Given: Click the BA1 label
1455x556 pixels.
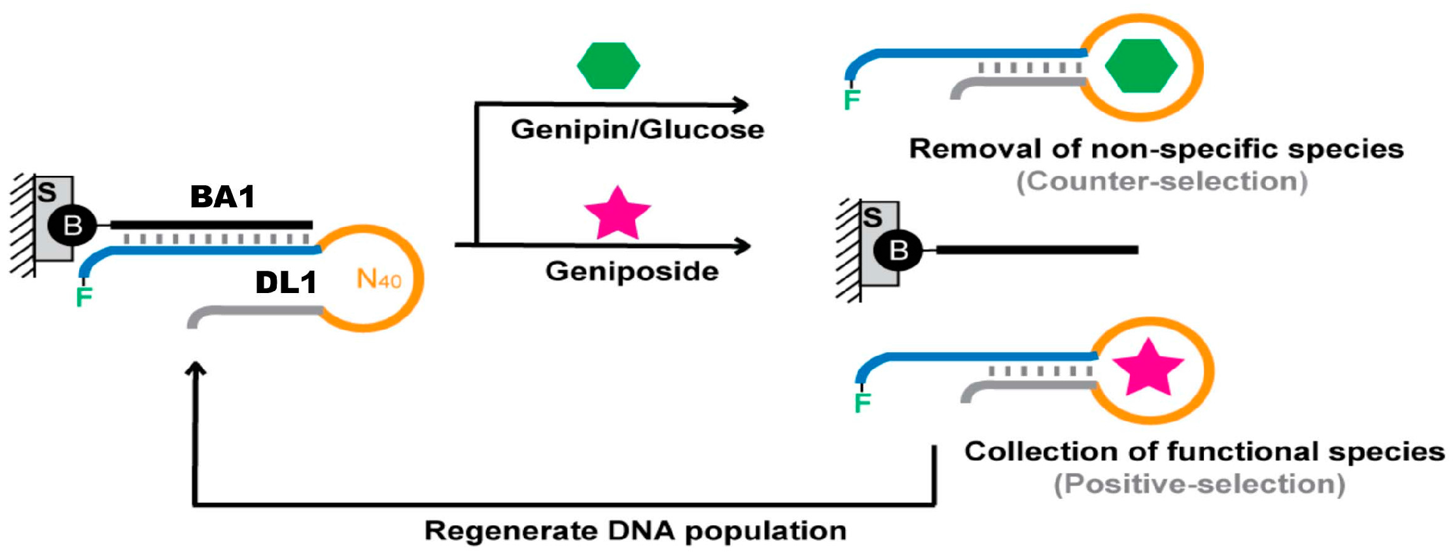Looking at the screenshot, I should pos(222,197).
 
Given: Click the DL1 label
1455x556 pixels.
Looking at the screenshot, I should pos(286,283).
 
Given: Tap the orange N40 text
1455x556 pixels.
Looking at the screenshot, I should pos(379,279).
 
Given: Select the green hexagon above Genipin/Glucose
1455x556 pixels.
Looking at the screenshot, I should pos(608,65).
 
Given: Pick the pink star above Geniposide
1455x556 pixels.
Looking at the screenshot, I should pos(617,214).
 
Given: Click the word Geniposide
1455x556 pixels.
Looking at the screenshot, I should pos(632,271).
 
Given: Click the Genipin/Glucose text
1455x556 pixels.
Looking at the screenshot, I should pos(637,130).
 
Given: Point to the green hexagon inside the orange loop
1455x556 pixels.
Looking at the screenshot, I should pos(1141,65).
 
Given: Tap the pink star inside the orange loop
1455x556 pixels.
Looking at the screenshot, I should pos(1148,368).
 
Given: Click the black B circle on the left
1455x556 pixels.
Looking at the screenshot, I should pos(73,226).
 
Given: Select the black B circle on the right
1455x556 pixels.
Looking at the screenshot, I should pos(898,250).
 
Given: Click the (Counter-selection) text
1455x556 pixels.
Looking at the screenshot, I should pos(1162,181).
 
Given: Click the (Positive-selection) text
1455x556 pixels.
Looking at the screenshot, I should pos(1199,484).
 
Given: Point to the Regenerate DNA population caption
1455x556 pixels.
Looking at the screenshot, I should pos(635,530).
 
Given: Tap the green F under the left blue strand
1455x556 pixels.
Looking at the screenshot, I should pos(84,297).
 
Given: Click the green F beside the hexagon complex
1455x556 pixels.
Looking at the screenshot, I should pos(852,100).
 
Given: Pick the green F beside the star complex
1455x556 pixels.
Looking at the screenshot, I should pos(863,402).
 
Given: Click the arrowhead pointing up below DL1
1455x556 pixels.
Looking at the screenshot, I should pos(195,369).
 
